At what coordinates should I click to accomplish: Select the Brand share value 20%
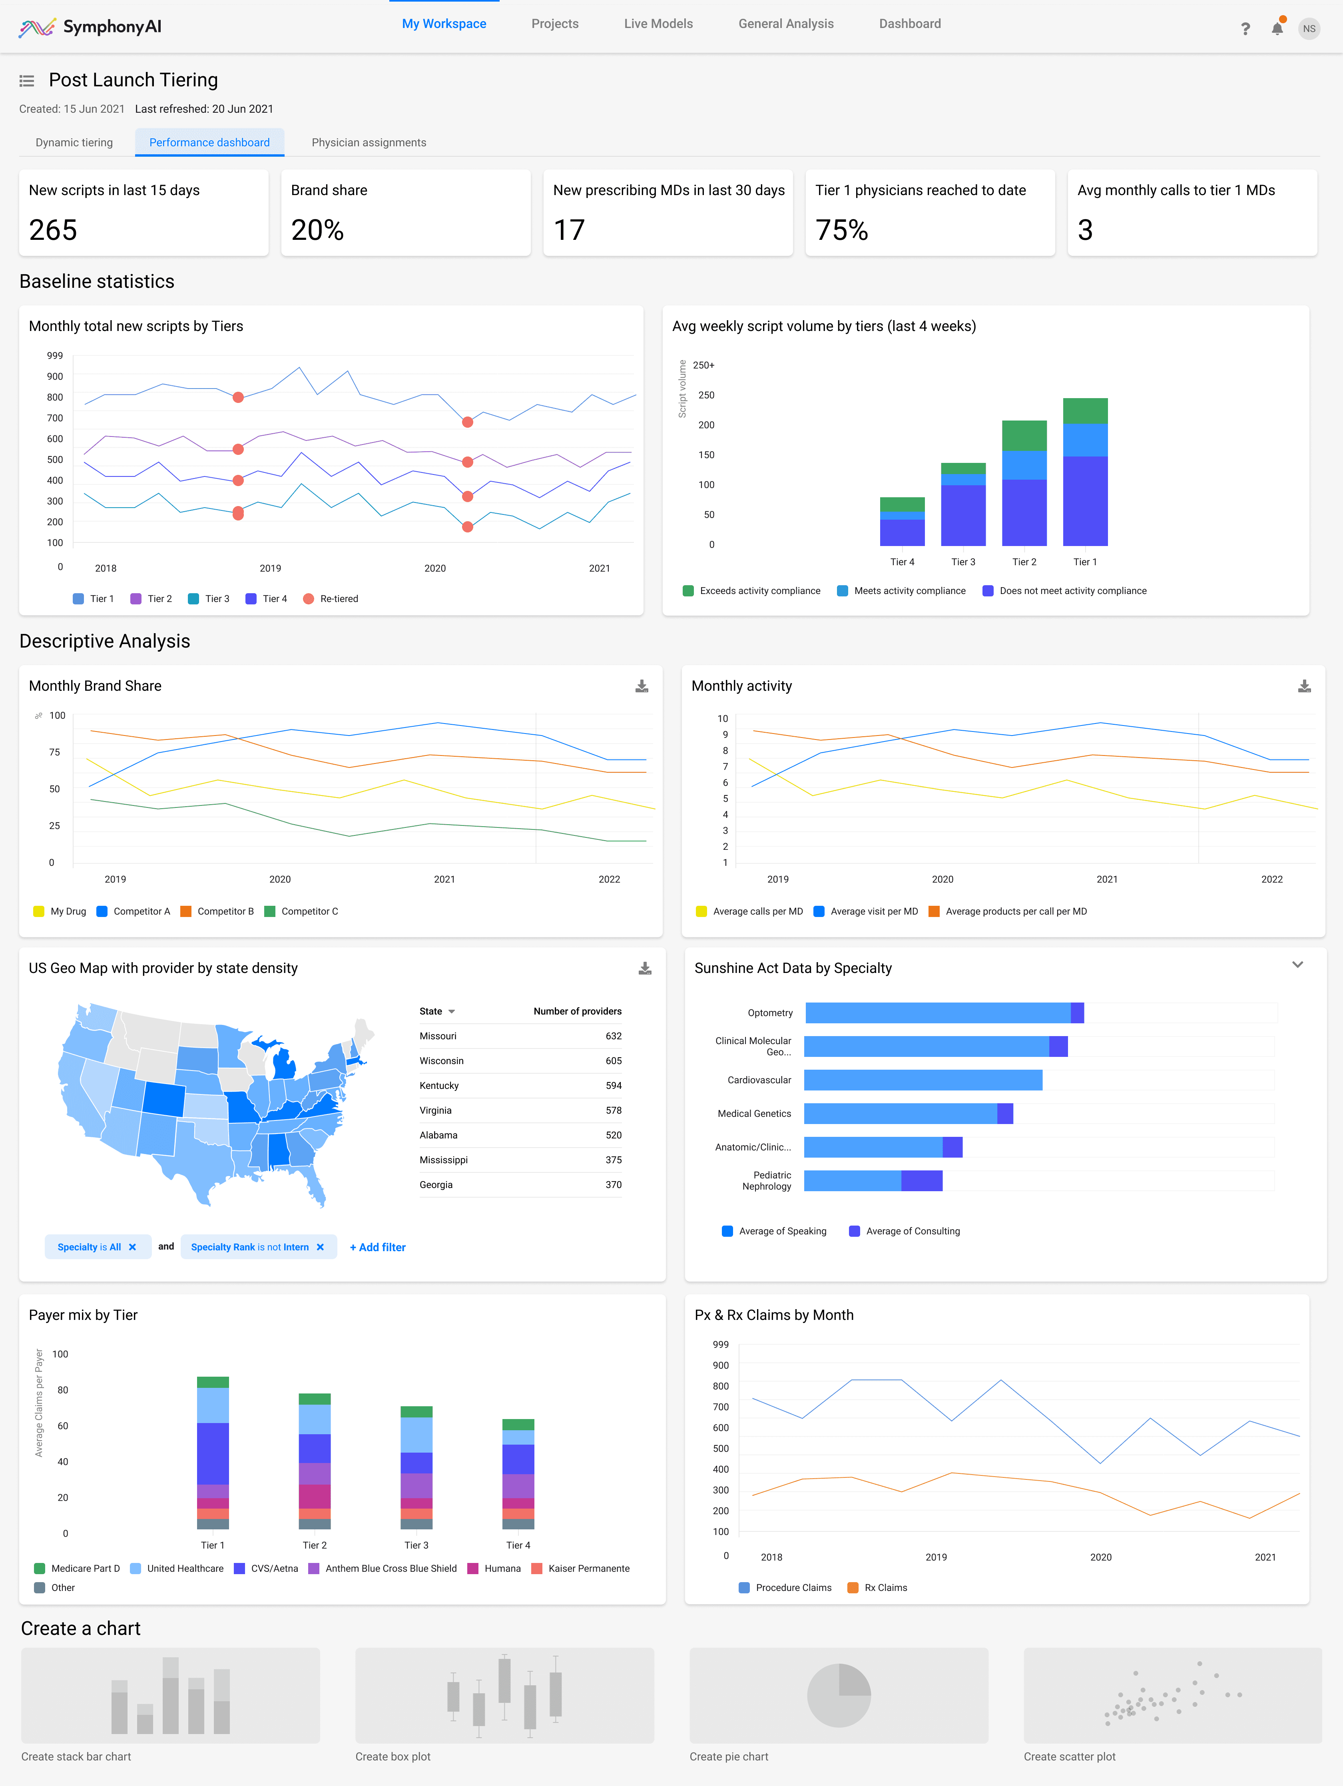[x=317, y=230]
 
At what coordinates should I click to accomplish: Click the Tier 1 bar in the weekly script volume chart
[x=1084, y=472]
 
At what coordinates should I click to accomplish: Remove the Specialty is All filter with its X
[x=132, y=1248]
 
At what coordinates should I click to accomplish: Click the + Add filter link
[x=377, y=1248]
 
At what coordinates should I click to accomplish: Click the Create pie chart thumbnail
[x=838, y=1696]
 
